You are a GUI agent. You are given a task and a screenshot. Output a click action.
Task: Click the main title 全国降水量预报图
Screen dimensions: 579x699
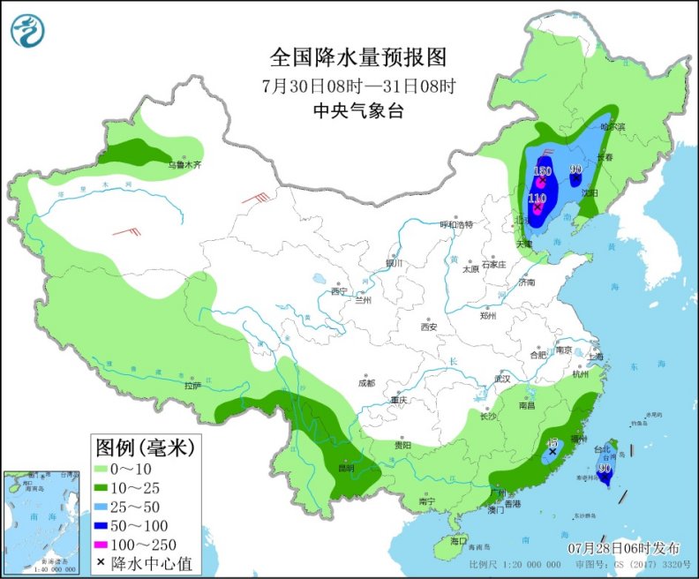coord(358,58)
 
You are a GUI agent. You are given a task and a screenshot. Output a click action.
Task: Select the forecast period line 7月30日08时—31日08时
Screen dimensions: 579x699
coord(358,86)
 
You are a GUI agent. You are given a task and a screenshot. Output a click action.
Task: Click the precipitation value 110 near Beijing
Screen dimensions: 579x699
coord(537,198)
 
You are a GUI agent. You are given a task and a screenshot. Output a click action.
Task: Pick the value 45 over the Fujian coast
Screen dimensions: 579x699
coord(552,443)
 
